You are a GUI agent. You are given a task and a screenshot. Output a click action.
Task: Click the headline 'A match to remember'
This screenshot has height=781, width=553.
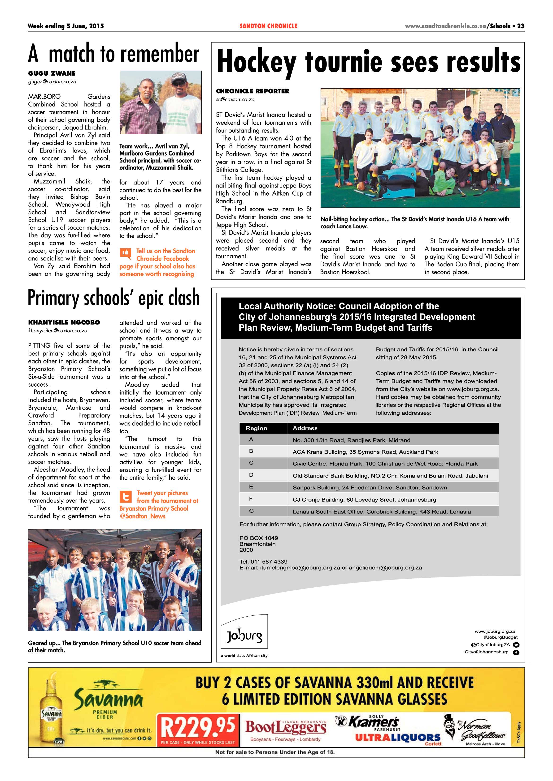pyautogui.click(x=114, y=54)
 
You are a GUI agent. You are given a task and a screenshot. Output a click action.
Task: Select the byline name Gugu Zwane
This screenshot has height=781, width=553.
pyautogui.click(x=52, y=73)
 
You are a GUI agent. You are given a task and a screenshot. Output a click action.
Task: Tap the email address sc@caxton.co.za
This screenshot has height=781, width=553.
pyautogui.click(x=235, y=100)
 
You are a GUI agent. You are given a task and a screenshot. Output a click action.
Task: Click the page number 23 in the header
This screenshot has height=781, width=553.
pyautogui.click(x=521, y=26)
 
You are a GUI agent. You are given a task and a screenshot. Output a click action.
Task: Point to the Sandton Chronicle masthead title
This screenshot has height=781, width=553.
pyautogui.click(x=268, y=26)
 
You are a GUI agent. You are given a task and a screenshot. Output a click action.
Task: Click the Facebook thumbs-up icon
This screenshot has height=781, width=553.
pyautogui.click(x=125, y=253)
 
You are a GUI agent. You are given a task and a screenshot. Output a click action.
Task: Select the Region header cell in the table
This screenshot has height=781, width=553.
pyautogui.click(x=257, y=428)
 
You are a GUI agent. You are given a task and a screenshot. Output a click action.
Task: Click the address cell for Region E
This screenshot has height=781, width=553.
pyautogui.click(x=370, y=487)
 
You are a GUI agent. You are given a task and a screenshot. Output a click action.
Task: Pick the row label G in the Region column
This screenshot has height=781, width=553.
pyautogui.click(x=251, y=511)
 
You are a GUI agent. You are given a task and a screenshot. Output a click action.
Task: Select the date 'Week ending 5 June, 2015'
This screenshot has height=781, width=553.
pyautogui.click(x=66, y=26)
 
